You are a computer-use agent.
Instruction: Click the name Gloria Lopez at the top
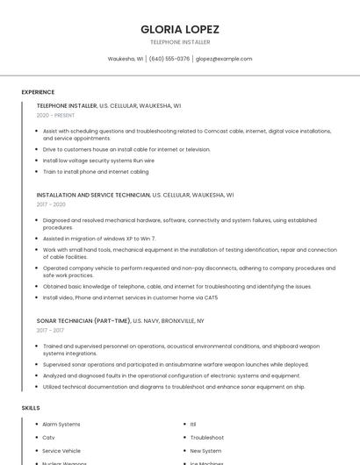tap(180, 29)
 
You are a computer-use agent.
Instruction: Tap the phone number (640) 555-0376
tap(169, 59)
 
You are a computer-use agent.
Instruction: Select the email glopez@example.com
tap(224, 59)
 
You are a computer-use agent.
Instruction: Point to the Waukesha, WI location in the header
tap(126, 59)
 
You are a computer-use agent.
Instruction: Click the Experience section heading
tap(38, 92)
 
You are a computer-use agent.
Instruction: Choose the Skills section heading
tap(31, 408)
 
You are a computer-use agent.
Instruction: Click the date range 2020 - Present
tap(55, 115)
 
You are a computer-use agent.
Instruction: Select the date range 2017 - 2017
tap(52, 331)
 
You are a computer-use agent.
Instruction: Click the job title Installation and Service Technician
tap(94, 195)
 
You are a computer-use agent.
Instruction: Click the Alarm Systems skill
tap(61, 425)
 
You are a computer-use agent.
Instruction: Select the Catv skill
tap(48, 438)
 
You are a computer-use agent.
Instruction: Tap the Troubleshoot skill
tap(207, 438)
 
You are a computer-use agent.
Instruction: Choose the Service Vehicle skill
tap(61, 451)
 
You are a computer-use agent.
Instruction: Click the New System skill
tap(205, 451)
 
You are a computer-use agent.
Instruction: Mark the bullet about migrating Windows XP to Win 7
tap(99, 239)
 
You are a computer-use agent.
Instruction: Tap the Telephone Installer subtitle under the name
tap(180, 42)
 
